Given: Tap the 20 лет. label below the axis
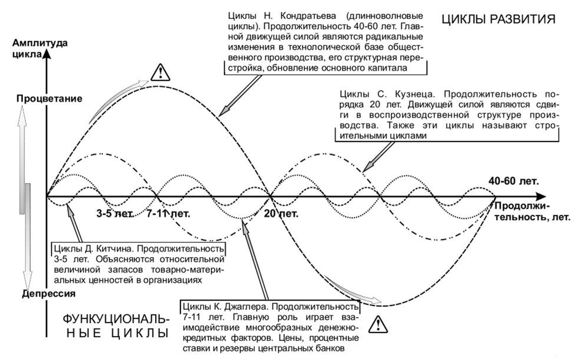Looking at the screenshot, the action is [x=282, y=213].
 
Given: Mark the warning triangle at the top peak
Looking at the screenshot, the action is [x=159, y=72].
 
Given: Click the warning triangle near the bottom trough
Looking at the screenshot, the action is [x=380, y=323].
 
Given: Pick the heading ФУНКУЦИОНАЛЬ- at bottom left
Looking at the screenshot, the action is [x=116, y=319].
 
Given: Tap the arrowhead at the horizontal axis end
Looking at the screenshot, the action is [x=543, y=196].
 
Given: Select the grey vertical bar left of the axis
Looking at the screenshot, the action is [x=27, y=199].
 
